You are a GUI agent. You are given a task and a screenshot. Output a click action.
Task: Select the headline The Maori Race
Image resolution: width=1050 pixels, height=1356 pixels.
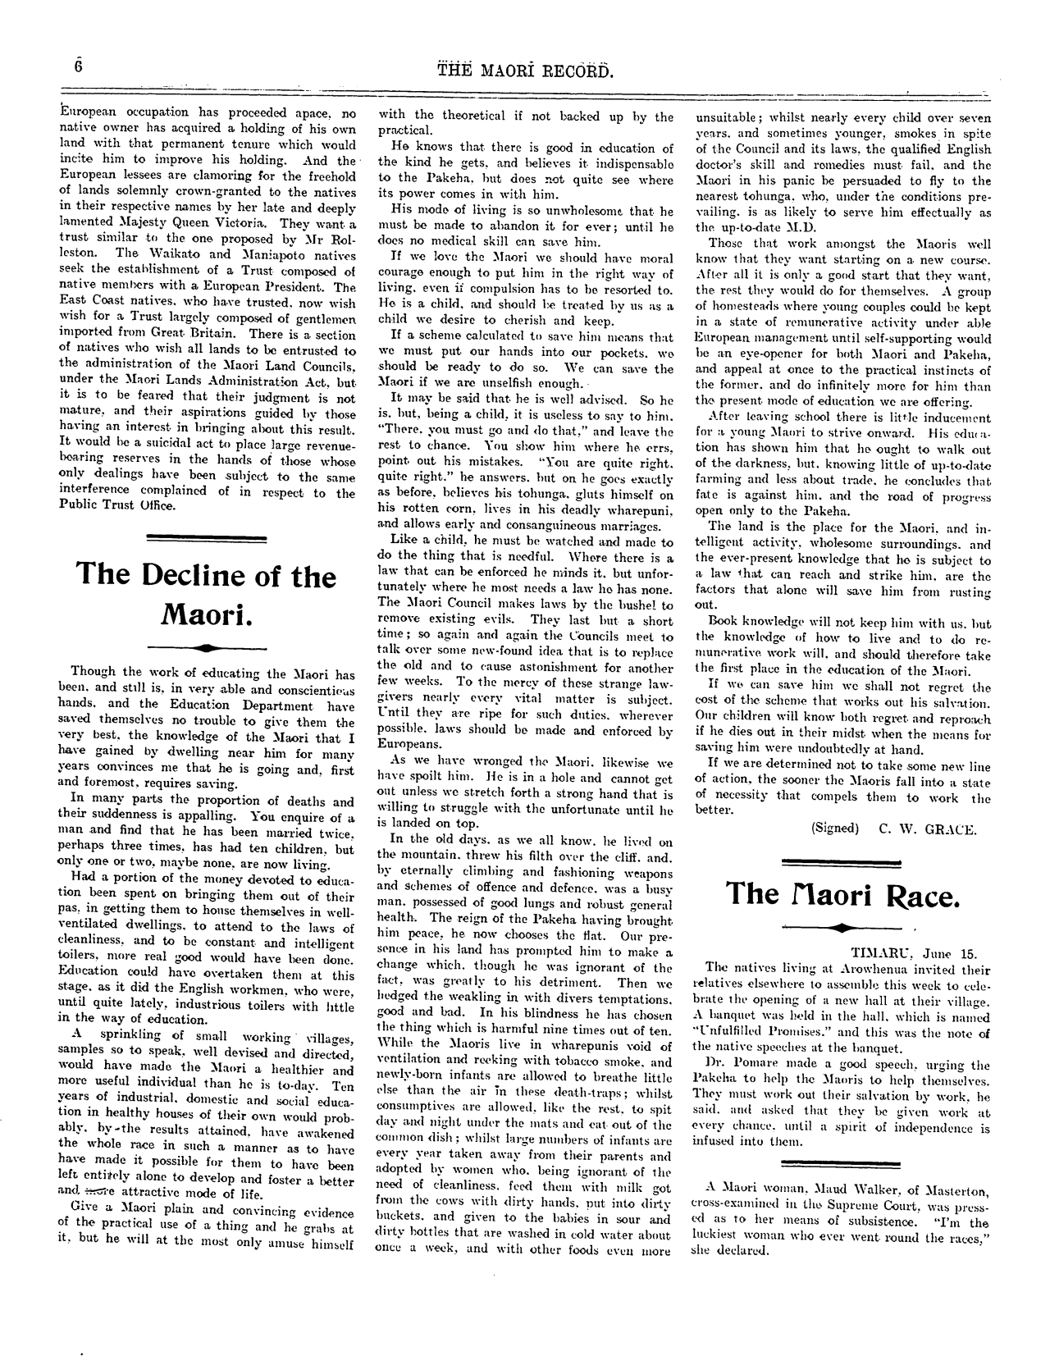point(842,893)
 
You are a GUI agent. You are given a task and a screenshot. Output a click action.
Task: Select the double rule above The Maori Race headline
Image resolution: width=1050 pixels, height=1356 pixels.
point(842,861)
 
